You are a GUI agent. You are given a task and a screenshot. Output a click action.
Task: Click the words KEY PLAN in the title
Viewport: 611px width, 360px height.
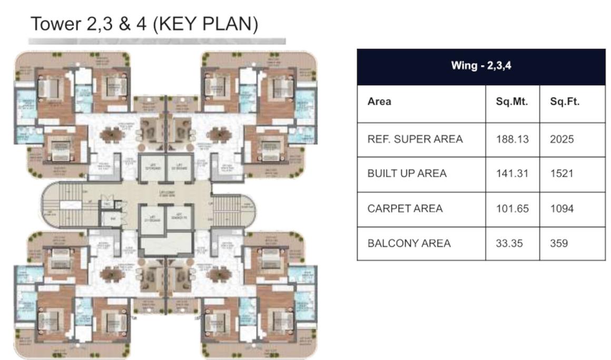pyautogui.click(x=205, y=24)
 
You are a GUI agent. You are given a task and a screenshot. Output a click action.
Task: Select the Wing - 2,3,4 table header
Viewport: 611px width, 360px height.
pyautogui.click(x=481, y=66)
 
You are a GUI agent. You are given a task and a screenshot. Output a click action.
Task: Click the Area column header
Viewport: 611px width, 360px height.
pyautogui.click(x=379, y=102)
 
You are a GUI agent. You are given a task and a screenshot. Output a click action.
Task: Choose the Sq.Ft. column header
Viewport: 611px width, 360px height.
pyautogui.click(x=565, y=102)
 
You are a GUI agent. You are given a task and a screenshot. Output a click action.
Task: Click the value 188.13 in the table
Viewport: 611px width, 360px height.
pyautogui.click(x=512, y=139)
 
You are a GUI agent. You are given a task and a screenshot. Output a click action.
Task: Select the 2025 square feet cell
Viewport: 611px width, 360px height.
pyautogui.click(x=562, y=139)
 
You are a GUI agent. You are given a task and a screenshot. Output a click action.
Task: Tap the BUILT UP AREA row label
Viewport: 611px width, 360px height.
pyautogui.click(x=407, y=173)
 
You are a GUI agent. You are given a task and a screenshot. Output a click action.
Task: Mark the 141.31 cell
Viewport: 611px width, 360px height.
pyautogui.click(x=512, y=173)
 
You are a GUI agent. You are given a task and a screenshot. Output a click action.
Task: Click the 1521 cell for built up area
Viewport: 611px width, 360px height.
pyautogui.click(x=561, y=173)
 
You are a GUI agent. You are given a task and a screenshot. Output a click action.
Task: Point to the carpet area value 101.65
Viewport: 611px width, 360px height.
pyautogui.click(x=512, y=208)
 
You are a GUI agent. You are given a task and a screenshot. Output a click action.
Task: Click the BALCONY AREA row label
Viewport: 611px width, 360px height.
pyautogui.click(x=409, y=243)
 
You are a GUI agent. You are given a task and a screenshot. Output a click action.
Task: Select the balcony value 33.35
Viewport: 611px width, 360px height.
pyautogui.click(x=509, y=243)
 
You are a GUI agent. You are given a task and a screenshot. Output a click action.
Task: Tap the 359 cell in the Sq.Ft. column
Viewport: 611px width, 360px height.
pyautogui.click(x=559, y=243)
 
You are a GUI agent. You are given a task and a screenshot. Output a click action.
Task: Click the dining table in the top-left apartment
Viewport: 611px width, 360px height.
pyautogui.click(x=112, y=134)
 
